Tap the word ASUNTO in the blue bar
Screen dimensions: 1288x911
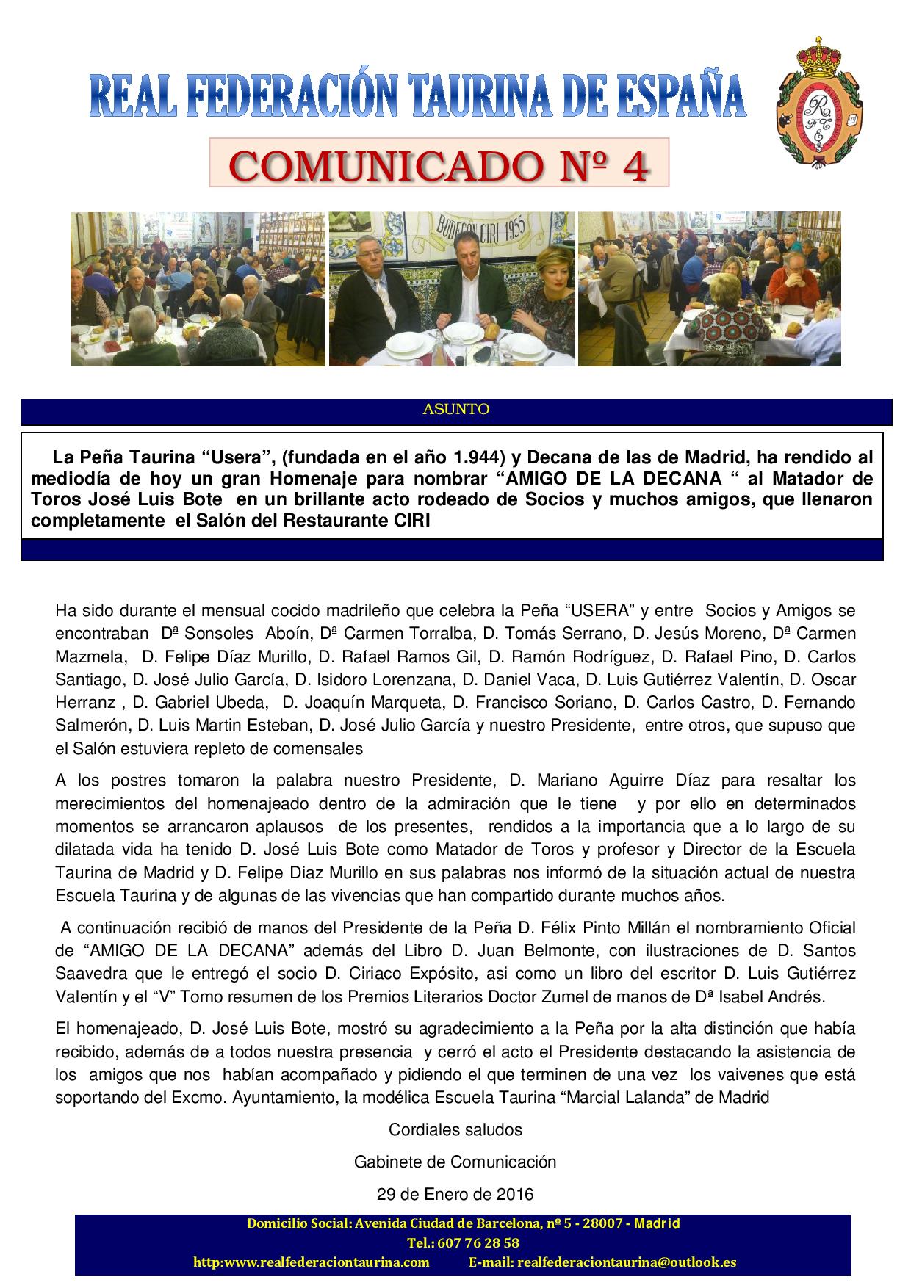point(455,410)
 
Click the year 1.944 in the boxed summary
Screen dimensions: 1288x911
point(472,457)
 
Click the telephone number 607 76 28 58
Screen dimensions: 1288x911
point(478,1243)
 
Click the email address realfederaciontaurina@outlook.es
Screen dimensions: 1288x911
point(627,1262)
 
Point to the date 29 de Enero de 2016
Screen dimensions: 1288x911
point(455,1194)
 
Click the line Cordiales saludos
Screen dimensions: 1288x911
point(455,1129)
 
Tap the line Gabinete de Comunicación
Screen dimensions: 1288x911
point(455,1162)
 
